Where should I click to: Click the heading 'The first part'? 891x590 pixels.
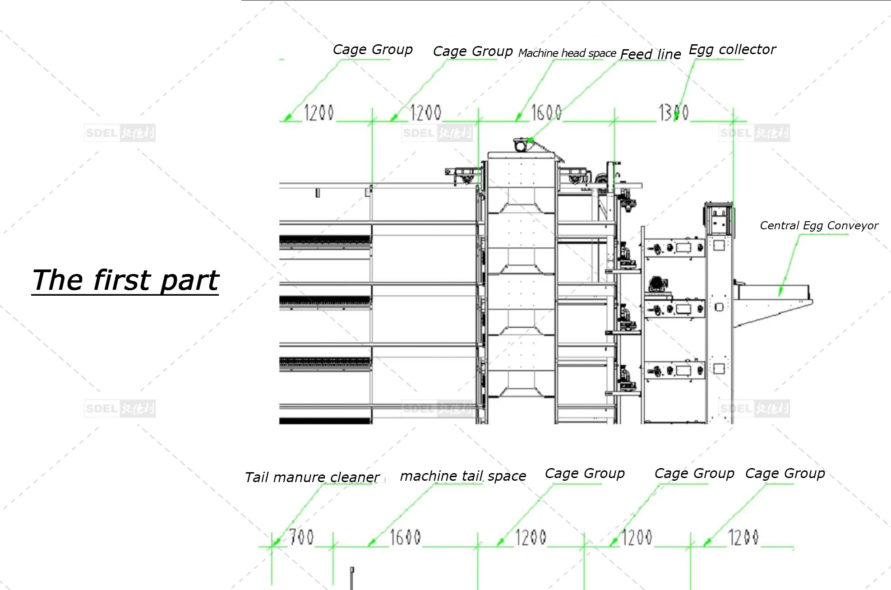pyautogui.click(x=125, y=280)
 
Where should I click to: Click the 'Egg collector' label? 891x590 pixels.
pyautogui.click(x=732, y=49)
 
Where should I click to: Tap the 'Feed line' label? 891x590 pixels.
pyautogui.click(x=650, y=54)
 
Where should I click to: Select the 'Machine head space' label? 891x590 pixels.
pyautogui.click(x=567, y=53)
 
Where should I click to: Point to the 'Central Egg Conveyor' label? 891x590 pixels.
pyautogui.click(x=818, y=225)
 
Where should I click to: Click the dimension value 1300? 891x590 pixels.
pyautogui.click(x=673, y=112)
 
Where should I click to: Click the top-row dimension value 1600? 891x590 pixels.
pyautogui.click(x=546, y=112)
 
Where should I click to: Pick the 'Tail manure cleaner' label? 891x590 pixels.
pyautogui.click(x=312, y=477)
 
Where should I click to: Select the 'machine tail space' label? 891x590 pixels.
pyautogui.click(x=462, y=476)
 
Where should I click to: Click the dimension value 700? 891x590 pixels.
pyautogui.click(x=301, y=537)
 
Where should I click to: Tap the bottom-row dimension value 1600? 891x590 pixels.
pyautogui.click(x=405, y=537)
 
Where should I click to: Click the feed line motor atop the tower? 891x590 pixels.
pyautogui.click(x=522, y=145)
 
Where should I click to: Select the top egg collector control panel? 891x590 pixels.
pyautogui.click(x=674, y=248)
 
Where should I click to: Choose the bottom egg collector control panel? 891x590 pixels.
pyautogui.click(x=674, y=371)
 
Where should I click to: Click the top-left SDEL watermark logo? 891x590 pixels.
pyautogui.click(x=120, y=133)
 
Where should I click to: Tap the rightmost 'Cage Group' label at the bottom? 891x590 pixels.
pyautogui.click(x=785, y=473)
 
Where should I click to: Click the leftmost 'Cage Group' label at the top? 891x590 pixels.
pyautogui.click(x=372, y=49)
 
